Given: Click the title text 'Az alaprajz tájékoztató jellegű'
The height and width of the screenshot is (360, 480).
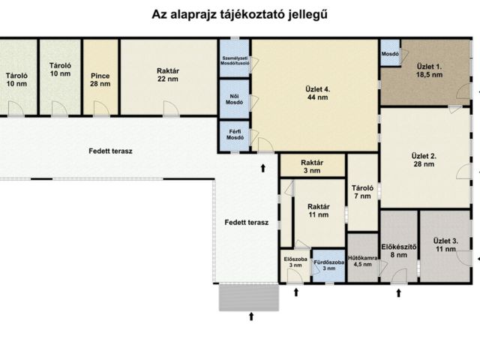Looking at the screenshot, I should (x=239, y=14).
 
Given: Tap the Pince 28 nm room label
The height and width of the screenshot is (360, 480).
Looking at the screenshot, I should (x=100, y=79).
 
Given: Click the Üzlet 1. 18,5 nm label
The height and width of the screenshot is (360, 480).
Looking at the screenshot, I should (x=429, y=71).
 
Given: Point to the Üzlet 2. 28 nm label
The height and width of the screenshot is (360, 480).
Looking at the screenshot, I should (x=424, y=159).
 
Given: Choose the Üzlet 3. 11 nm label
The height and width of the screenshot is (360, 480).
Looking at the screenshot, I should (x=445, y=244).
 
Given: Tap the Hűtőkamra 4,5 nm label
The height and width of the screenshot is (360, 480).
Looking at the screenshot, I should (x=362, y=260).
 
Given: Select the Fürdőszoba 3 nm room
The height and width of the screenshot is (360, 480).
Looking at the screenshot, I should (x=328, y=265).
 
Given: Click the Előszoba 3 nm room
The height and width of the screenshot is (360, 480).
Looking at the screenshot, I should (x=295, y=264).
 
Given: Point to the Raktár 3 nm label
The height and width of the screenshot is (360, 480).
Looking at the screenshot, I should (x=311, y=166).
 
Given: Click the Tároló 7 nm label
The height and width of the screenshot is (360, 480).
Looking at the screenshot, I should (x=362, y=191).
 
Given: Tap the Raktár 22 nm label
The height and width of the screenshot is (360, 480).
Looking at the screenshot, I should (x=167, y=74).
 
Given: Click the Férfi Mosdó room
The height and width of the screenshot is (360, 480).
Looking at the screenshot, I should (x=235, y=135).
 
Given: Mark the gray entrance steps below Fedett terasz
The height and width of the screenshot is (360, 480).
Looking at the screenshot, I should (x=248, y=297).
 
